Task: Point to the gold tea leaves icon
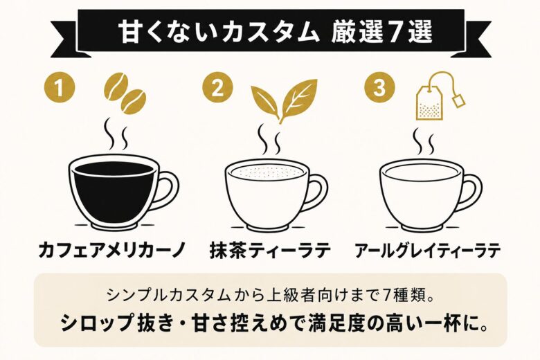click(x=283, y=99)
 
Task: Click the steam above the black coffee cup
click(x=115, y=136)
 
